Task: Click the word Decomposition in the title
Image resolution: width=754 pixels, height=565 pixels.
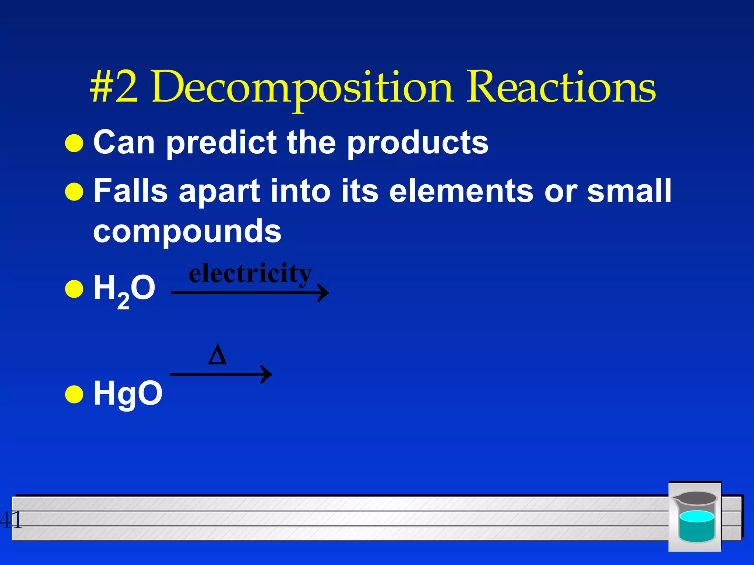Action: coord(302,88)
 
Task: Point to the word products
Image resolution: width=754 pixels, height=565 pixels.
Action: coord(417,143)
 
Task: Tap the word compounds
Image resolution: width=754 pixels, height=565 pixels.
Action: coord(187,232)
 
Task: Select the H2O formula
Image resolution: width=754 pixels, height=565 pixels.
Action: coord(124,289)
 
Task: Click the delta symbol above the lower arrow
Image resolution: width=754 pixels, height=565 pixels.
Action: coord(217,355)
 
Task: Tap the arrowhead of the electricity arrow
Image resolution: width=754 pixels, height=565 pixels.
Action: coord(323,293)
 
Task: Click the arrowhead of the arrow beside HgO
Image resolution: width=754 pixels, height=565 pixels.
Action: coord(266,374)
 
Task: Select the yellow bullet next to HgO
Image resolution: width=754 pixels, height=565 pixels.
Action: coord(74,395)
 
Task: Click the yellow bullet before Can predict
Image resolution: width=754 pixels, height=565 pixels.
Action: coord(74,143)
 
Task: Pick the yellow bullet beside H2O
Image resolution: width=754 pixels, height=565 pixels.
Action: coord(74,289)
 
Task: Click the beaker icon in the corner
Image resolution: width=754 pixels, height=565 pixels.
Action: coord(695,516)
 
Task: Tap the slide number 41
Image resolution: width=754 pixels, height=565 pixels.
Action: coord(11,520)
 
